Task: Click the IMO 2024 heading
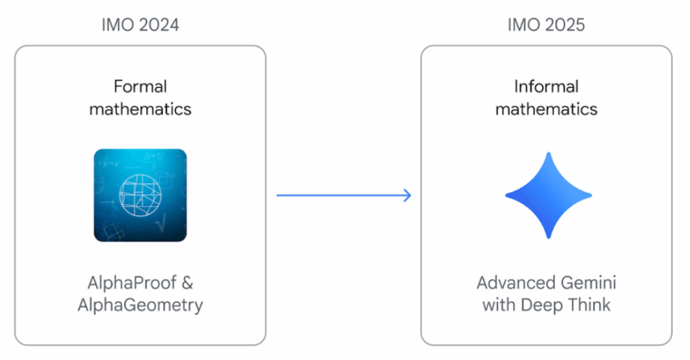pos(140,26)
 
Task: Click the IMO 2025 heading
pos(546,26)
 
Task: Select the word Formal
pos(140,86)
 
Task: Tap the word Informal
pos(546,86)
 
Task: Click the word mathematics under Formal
pos(140,109)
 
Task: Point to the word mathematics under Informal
pos(546,109)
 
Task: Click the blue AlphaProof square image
pos(140,195)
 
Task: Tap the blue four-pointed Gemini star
pos(548,195)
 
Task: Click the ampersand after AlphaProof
pos(187,282)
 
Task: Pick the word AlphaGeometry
pos(140,305)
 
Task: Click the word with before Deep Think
pos(499,305)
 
